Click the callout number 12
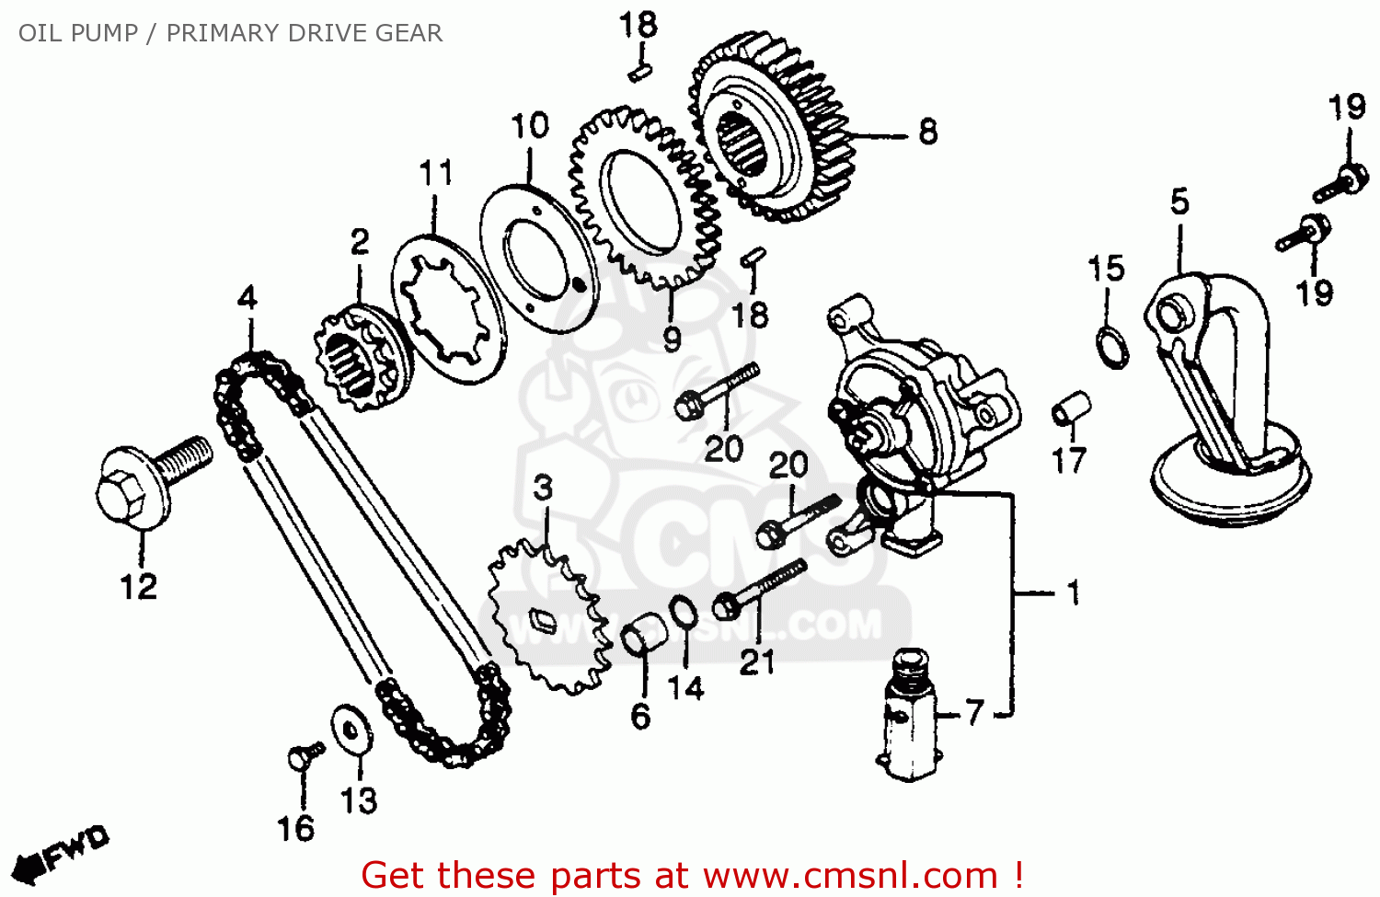139,587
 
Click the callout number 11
436,174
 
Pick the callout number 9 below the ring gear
673,339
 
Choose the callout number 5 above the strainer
1179,202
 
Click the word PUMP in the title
103,33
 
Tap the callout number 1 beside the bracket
1073,592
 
